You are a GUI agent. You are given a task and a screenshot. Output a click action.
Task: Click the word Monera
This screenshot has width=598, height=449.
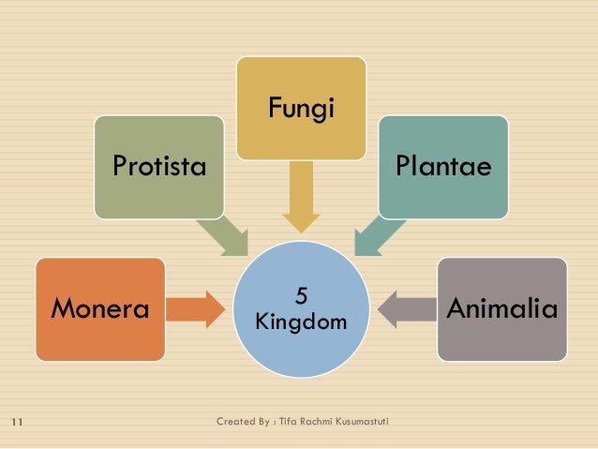(100, 308)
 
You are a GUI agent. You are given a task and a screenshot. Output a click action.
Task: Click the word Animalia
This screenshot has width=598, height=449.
(502, 308)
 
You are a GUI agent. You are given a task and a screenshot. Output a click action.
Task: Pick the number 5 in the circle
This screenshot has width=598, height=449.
(301, 297)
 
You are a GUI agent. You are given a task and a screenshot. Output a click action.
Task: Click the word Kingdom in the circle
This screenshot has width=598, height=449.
(301, 322)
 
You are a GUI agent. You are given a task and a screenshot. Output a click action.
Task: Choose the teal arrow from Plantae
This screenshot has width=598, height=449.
(380, 233)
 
